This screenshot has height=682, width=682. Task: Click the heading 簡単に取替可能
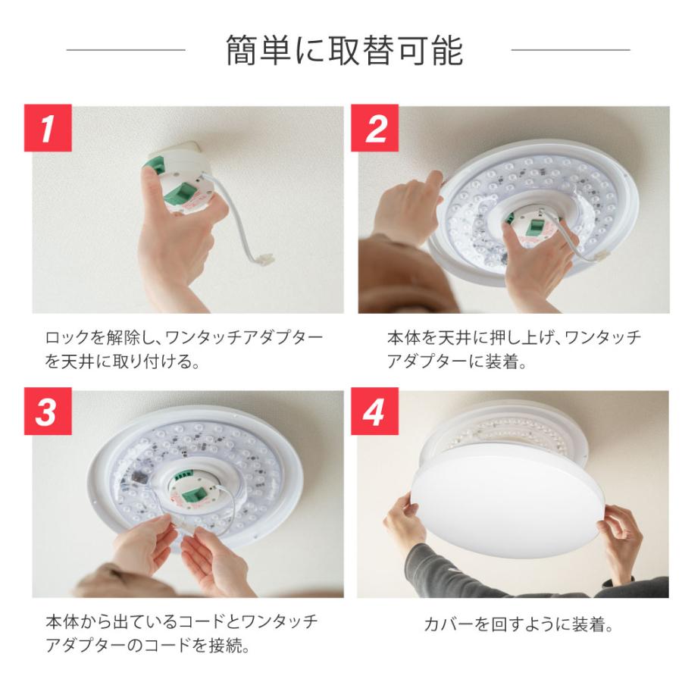pyautogui.click(x=345, y=52)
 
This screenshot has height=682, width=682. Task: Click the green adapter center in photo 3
pyautogui.click(x=190, y=491)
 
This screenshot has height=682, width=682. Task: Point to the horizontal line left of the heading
pyautogui.click(x=126, y=51)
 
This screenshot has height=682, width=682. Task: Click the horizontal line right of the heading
pyautogui.click(x=571, y=51)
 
